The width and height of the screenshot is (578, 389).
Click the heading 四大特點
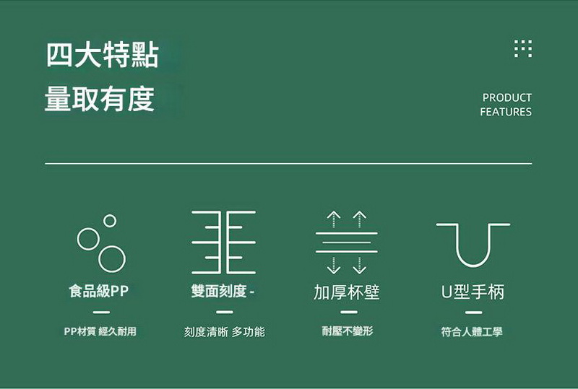103,56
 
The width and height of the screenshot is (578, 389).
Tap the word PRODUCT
507,97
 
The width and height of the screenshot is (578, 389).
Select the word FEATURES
506,112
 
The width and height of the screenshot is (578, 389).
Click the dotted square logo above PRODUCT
523,48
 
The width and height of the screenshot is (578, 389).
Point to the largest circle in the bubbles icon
112,259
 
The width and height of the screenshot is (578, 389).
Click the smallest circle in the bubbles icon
110,221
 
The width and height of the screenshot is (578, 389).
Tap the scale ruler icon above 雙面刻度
224,242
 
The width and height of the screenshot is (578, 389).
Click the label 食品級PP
99,291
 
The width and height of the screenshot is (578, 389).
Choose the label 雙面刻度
219,291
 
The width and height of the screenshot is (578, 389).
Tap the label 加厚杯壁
347,292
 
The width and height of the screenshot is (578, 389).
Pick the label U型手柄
473,292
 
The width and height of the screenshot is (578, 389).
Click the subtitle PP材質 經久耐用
100,331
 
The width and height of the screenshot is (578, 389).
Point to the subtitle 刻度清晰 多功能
225,331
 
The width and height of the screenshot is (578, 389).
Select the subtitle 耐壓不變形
348,331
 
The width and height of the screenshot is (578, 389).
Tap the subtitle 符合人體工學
472,331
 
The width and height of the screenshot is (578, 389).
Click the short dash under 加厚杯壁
349,312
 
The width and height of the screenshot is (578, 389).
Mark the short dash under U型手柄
474,312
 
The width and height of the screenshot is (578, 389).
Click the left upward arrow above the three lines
334,219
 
